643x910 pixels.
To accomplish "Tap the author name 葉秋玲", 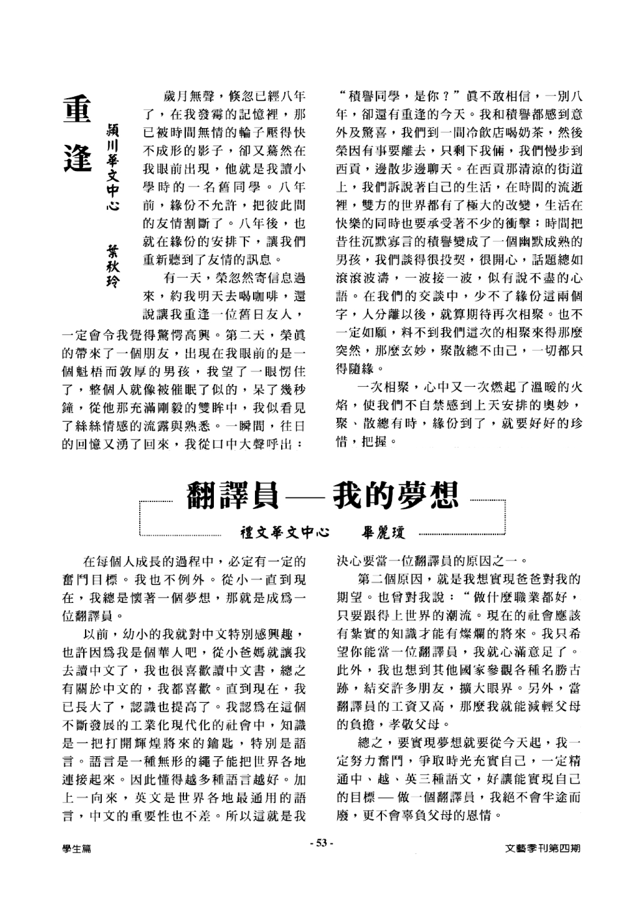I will [x=113, y=266].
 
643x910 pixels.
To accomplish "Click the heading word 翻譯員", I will [x=232, y=496].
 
